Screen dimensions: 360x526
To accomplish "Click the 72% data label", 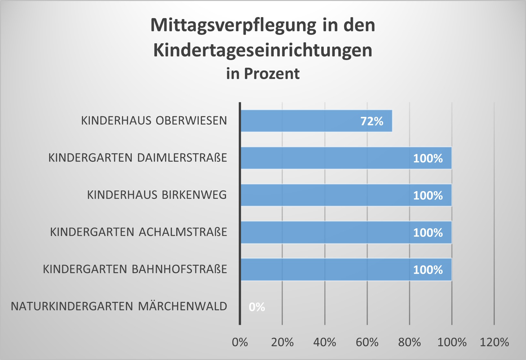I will point(372,121).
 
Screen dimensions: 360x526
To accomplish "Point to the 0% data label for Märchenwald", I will point(257,307).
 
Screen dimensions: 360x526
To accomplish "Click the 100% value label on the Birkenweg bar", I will point(428,195).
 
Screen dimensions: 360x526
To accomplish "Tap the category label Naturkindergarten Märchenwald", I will point(119,306).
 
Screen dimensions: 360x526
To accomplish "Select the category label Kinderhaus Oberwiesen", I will point(154,120).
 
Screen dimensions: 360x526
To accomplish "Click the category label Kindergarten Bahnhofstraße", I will point(135,269).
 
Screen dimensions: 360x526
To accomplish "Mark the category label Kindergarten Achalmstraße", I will point(139,232).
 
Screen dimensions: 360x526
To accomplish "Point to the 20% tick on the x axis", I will point(282,342).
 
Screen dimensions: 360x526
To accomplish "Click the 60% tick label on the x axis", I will point(367,342).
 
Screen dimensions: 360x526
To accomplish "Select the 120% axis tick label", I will point(494,342).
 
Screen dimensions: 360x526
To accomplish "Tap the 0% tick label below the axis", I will point(240,342).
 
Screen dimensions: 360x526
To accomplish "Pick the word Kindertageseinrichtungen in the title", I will point(263,50).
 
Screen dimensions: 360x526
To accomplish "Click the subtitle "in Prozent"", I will point(263,74).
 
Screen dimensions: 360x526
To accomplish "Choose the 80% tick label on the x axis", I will point(409,342).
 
